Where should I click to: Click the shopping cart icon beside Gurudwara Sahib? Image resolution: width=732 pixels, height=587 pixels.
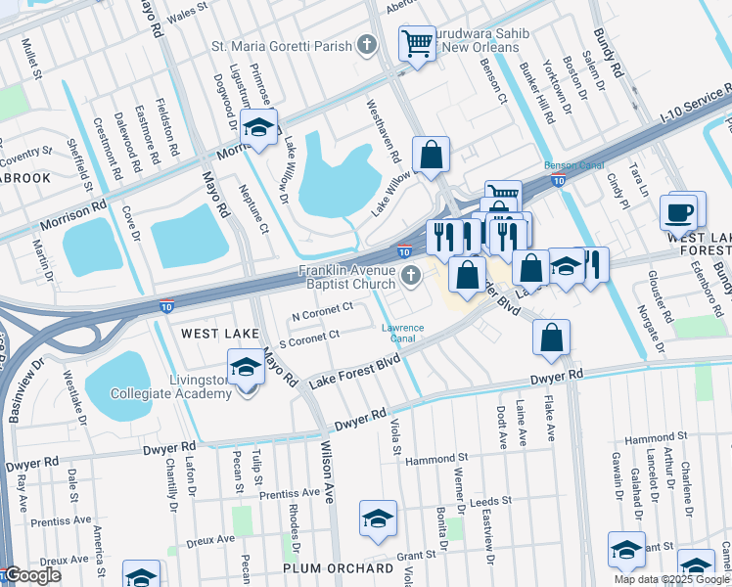coord(417,44)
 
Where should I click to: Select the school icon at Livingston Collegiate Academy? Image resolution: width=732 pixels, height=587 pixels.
coord(246,370)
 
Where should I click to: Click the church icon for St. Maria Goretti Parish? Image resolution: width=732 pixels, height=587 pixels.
coord(366,44)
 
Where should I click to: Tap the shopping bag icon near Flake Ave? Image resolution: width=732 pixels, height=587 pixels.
coord(552,337)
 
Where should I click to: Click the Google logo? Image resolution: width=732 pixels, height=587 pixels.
coord(31,576)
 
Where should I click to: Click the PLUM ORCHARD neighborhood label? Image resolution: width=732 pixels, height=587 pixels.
coord(338,568)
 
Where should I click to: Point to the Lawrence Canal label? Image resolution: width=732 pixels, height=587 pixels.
coord(402,334)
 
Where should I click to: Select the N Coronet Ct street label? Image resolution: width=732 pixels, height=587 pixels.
coord(322,312)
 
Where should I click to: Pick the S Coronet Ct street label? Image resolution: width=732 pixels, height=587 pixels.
coord(309,338)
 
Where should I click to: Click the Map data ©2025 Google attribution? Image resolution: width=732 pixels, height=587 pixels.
coord(672,579)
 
